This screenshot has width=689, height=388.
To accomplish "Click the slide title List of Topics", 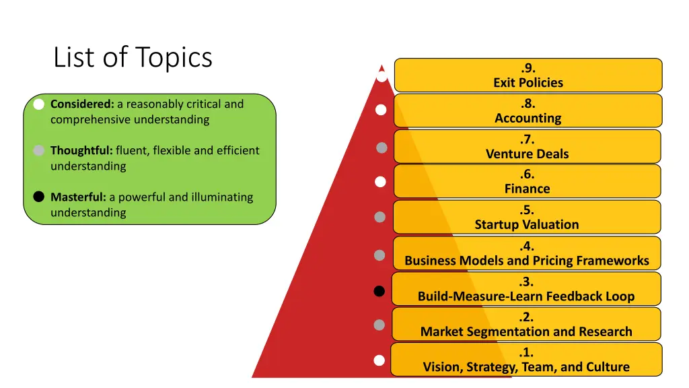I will tap(133, 57).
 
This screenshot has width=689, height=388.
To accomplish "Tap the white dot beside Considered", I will tap(39, 104).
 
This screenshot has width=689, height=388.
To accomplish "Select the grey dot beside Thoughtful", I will tap(39, 150).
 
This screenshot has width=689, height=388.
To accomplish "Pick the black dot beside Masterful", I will tap(39, 197).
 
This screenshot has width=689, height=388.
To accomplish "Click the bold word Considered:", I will tap(82, 104).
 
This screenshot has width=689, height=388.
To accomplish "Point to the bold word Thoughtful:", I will tap(81, 150).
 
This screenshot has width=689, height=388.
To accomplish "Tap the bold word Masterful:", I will tap(78, 197).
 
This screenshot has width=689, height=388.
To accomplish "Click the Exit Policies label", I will tap(528, 83).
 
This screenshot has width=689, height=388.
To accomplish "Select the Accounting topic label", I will tap(528, 119).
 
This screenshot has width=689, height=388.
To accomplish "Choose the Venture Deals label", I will tap(528, 154).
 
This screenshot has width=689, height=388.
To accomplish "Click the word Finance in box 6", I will tap(528, 189).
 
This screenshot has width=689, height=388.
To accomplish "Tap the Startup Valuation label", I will tap(527, 225).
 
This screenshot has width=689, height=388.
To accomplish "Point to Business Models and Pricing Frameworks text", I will tap(527, 261).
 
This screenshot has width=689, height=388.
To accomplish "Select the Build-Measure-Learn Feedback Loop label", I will tap(526, 296).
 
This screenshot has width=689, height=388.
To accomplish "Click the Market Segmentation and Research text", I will tap(526, 331).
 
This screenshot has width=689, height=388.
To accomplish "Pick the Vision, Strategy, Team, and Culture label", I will tap(526, 367).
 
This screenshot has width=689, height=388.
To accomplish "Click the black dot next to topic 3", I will tap(379, 291).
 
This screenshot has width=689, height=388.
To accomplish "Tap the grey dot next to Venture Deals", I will tap(382, 148).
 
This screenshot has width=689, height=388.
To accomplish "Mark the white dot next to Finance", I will tap(380, 182).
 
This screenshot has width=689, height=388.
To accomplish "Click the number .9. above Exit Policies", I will tap(528, 68).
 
